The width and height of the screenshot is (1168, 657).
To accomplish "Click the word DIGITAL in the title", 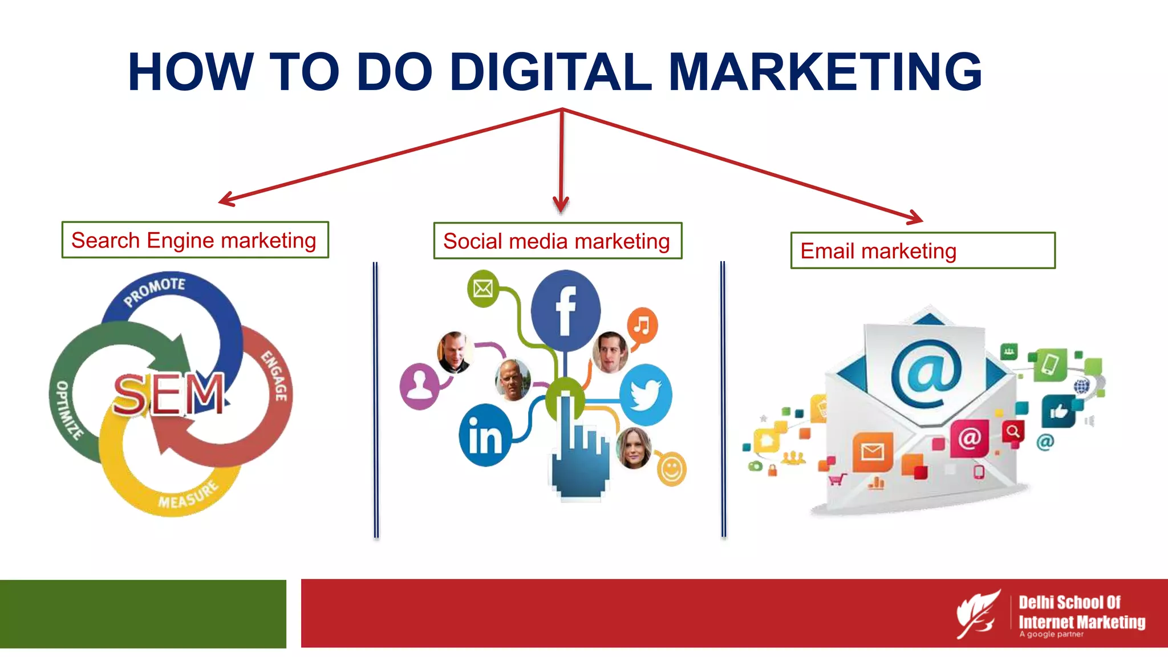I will point(550,72).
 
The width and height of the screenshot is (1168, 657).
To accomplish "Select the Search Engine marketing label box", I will point(195,240).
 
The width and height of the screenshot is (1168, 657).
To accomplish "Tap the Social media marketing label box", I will point(557,241).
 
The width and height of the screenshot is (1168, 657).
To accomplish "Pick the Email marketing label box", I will point(922,250).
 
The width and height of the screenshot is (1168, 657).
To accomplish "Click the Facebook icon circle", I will point(565,310).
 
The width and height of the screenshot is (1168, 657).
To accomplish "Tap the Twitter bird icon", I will point(646,395).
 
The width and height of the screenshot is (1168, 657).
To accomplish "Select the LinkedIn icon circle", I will point(485,436).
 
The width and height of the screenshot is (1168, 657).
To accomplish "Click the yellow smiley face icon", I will point(671,469).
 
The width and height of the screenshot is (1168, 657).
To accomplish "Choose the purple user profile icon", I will point(420,386).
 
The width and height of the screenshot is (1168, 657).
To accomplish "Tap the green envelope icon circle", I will point(483,288).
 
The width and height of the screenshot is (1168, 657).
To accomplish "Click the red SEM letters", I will point(169,394).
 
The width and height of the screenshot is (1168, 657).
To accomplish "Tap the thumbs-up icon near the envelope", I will point(1058,411).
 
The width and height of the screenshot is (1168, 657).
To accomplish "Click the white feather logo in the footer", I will point(978,614).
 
